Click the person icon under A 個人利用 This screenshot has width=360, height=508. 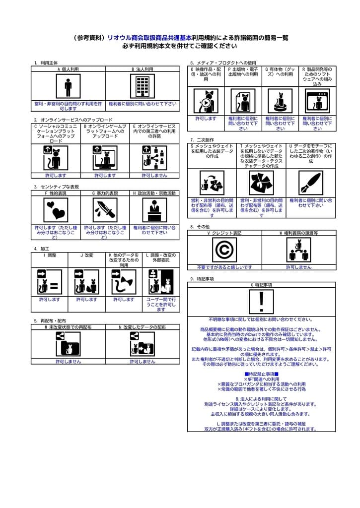(x=68, y=87)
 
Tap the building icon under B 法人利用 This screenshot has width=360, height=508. (x=143, y=87)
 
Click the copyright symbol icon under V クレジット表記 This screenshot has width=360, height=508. (x=224, y=249)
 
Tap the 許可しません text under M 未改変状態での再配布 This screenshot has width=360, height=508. (x=68, y=362)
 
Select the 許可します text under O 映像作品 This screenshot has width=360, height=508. (x=206, y=119)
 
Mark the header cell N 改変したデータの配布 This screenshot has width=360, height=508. (x=143, y=327)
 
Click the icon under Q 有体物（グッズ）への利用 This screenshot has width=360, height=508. (x=280, y=102)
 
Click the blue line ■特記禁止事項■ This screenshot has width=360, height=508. (x=261, y=374)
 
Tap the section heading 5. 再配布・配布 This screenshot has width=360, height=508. (x=50, y=321)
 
